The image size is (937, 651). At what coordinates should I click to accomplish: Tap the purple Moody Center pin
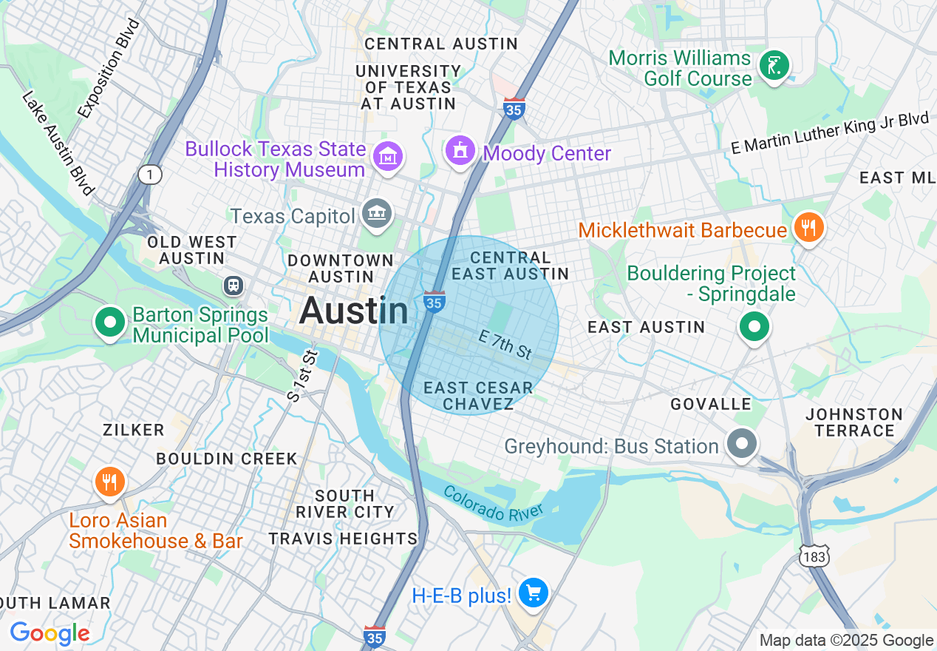pos(460,151)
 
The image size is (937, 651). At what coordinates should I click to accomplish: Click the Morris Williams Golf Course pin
pos(774,66)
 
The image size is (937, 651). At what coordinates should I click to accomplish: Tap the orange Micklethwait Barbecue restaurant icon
pos(809,228)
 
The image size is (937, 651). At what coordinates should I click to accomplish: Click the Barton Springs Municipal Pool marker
pos(109,323)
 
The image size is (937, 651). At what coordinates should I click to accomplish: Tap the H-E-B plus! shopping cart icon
pos(533,593)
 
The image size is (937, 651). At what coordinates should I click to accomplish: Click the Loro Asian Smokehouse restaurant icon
pos(110,482)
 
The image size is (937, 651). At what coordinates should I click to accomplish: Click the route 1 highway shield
pos(149,175)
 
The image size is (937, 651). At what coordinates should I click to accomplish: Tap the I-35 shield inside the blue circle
pos(434,302)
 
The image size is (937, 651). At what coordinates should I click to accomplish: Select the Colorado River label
pos(494,502)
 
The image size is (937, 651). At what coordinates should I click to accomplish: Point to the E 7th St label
pos(505,345)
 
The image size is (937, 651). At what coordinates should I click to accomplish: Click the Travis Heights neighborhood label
pos(343,539)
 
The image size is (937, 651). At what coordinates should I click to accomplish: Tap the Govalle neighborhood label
pos(710,404)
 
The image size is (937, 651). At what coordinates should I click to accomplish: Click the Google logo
pos(50,633)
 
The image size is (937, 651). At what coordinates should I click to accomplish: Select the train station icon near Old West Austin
pos(234,285)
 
